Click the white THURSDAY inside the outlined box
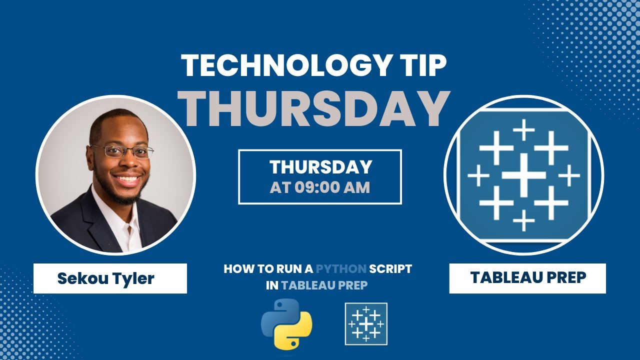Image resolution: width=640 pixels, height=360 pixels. pyautogui.click(x=320, y=167)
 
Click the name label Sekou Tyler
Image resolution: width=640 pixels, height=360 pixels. pyautogui.click(x=106, y=278)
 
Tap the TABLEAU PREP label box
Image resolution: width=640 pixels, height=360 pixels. pyautogui.click(x=527, y=278)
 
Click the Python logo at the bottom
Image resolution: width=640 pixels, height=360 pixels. pyautogui.click(x=286, y=323)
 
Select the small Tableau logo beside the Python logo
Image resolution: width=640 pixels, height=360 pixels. pyautogui.click(x=366, y=323)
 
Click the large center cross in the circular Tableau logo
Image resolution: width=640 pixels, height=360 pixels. pyautogui.click(x=523, y=175)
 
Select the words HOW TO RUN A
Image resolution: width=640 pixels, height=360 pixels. pyautogui.click(x=268, y=269)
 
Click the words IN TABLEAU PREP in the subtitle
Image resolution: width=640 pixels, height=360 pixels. pyautogui.click(x=318, y=285)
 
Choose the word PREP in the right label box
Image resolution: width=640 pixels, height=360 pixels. pyautogui.click(x=564, y=278)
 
